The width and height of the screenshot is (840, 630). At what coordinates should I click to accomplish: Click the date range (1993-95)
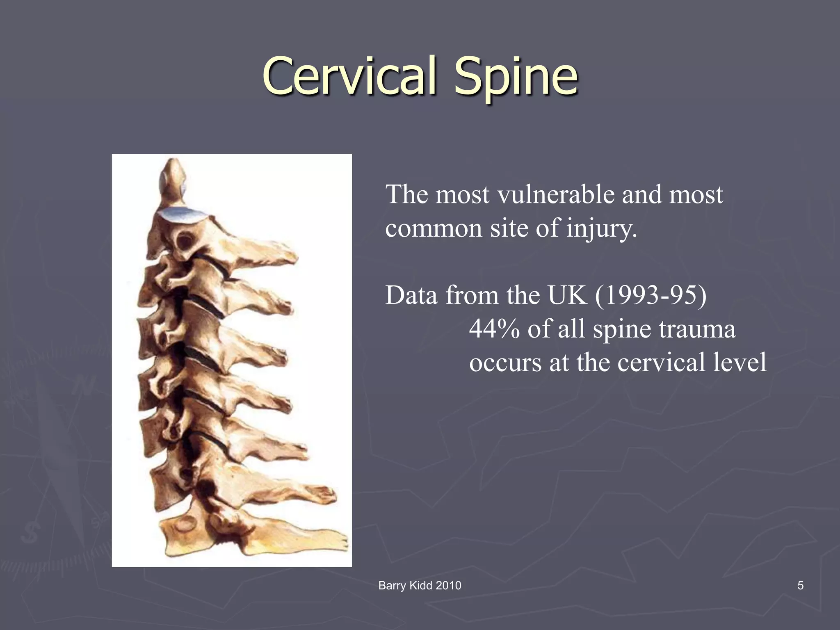pos(651,295)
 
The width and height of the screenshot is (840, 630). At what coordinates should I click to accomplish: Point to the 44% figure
pos(494,329)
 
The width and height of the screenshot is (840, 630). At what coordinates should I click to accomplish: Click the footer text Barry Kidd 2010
pos(420,585)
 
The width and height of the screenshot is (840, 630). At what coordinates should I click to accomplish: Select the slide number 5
pos(800,585)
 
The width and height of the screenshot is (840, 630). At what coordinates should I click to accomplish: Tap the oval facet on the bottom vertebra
pos(185,525)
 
